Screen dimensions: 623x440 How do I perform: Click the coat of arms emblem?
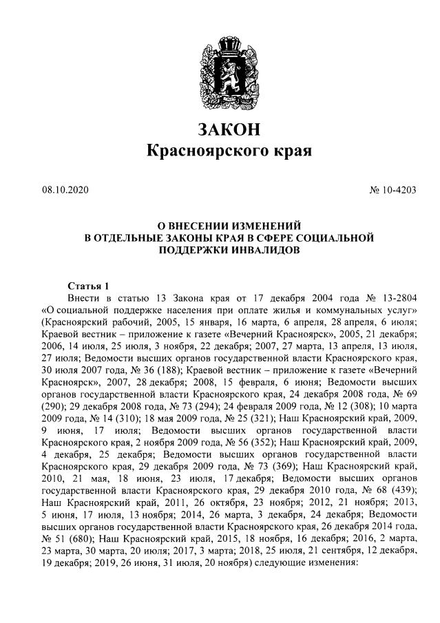(220, 69)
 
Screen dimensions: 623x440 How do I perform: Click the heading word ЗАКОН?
(220, 129)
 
